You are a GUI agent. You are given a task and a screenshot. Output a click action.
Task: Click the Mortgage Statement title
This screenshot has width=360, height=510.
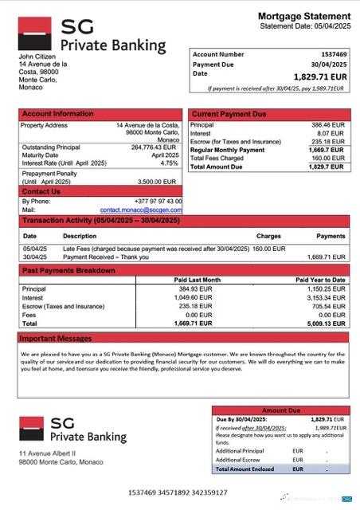[x=303, y=16]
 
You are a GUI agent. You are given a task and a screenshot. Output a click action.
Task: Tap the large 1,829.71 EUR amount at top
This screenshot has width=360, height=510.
[x=319, y=76]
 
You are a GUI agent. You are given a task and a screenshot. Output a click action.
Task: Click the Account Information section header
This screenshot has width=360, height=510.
[x=57, y=114]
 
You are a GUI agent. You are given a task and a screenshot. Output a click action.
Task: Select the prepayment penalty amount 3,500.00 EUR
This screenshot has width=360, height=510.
[x=161, y=182]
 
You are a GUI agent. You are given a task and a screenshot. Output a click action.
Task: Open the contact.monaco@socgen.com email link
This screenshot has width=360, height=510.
[x=147, y=209]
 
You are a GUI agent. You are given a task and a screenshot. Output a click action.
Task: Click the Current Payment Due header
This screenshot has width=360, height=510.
[x=229, y=114]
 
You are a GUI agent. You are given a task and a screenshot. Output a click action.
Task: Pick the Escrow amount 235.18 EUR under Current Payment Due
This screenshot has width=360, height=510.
[x=328, y=141]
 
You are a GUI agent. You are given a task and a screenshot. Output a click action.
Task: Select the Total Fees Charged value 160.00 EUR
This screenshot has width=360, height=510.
[x=328, y=158]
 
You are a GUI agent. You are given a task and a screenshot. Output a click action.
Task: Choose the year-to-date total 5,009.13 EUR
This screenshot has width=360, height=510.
[x=327, y=324]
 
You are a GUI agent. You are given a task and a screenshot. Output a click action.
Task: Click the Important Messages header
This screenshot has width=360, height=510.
[x=57, y=339]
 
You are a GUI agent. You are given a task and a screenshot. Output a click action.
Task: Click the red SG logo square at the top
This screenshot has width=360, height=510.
[x=36, y=34]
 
